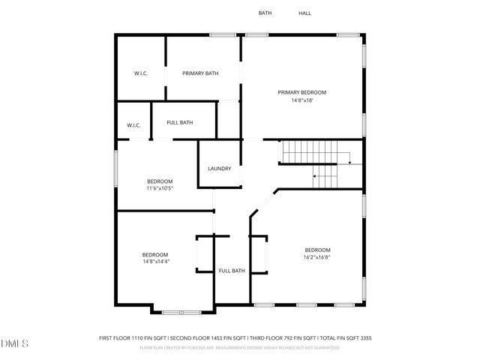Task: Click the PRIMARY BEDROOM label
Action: tap(302, 92)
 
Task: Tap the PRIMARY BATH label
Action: tap(200, 73)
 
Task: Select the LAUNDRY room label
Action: tap(220, 169)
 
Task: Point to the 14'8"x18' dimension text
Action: tap(302, 100)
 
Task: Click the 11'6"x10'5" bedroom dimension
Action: tap(160, 188)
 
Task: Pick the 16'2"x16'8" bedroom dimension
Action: tap(317, 257)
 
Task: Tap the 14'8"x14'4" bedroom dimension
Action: tap(156, 262)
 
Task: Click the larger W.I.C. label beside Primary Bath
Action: tap(140, 73)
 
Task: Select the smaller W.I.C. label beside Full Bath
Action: tap(133, 125)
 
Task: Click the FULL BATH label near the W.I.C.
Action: tap(180, 122)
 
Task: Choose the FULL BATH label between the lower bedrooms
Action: tap(232, 271)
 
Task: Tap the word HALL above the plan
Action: tap(304, 13)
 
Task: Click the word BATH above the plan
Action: tap(265, 13)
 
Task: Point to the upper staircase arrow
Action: tap(346, 157)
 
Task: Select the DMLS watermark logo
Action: tap(15, 343)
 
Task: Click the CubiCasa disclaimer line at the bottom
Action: tap(235, 347)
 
